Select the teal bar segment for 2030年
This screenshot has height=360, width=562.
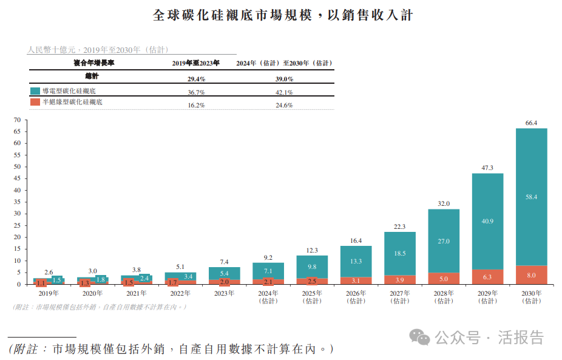point(531,197)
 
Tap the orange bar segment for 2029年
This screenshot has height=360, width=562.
point(487,277)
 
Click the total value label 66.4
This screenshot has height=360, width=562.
point(531,123)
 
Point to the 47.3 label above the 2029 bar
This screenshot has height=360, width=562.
point(487,168)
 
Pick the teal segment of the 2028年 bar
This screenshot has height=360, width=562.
point(444,241)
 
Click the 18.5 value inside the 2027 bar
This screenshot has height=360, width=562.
point(400,253)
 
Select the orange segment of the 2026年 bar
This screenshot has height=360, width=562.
point(356,280)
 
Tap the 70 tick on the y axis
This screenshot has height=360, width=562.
point(17,120)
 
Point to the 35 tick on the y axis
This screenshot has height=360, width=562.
point(17,202)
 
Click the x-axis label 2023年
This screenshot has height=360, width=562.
point(224,293)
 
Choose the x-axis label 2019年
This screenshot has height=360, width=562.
point(49,293)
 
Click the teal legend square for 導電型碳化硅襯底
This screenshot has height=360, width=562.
point(35,91)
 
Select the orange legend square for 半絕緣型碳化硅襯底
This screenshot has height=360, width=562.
point(35,102)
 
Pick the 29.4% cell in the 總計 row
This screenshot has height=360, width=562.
point(196,79)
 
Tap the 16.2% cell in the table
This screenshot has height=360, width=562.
point(196,105)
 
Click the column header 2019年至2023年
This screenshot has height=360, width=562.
point(196,63)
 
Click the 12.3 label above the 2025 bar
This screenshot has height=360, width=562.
point(312,250)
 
